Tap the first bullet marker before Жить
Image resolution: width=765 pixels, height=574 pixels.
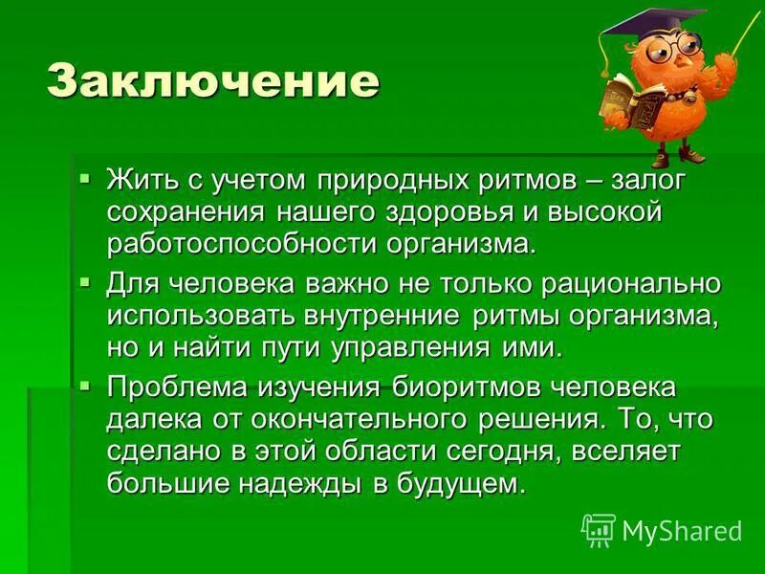[84, 178]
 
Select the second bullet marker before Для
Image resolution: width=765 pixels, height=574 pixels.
[84, 282]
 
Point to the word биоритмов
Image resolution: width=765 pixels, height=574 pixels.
[448, 388]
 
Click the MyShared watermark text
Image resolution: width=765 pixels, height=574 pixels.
[681, 530]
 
